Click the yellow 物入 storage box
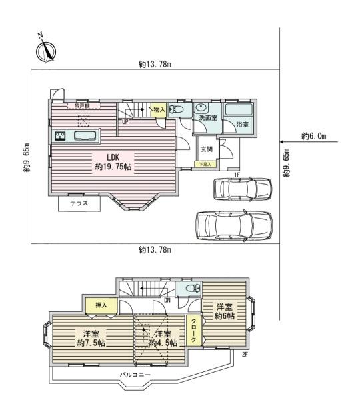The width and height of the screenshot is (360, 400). (x=158, y=111)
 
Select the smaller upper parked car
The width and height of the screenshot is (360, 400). (x=241, y=189)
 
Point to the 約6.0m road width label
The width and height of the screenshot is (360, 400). (x=313, y=136)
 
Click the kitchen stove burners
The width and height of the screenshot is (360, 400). (x=58, y=137)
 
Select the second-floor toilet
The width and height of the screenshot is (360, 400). (x=193, y=289)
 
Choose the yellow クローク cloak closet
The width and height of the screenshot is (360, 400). (x=194, y=330)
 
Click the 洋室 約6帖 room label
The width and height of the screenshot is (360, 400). (x=225, y=312)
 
